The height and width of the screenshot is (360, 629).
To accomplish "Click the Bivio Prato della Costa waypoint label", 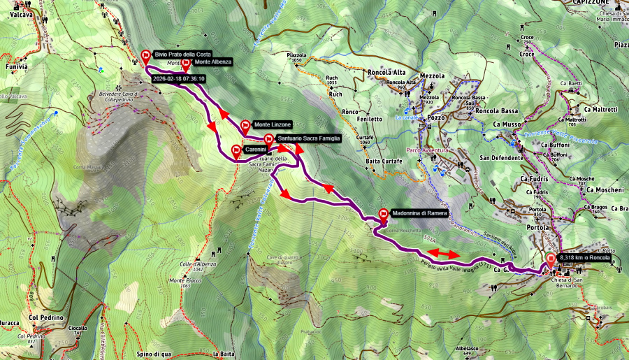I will [182, 55].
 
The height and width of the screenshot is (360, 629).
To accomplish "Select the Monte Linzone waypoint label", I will [272, 124].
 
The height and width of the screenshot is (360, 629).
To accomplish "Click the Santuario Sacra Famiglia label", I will [308, 138].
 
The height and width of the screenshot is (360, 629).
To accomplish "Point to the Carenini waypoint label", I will [255, 150].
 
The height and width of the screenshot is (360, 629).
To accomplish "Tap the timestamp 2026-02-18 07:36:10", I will [178, 79].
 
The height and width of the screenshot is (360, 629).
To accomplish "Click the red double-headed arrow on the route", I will [443, 252].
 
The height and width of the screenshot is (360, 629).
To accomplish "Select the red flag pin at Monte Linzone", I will [245, 127].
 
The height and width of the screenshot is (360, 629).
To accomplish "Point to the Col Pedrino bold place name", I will [46, 317].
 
